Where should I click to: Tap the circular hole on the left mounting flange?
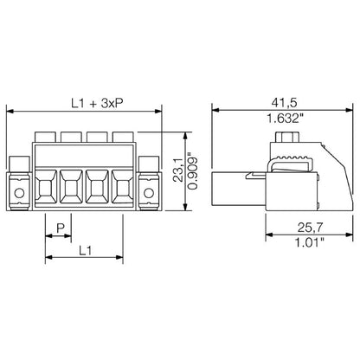(18, 192)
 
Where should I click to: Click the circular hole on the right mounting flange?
(151, 192)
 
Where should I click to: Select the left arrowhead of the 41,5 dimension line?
(216, 111)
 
